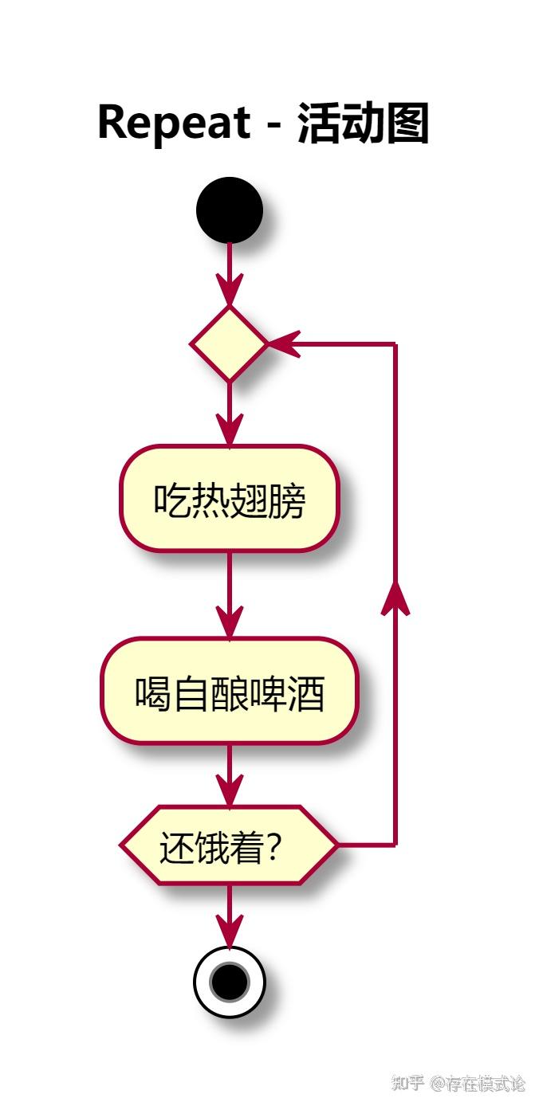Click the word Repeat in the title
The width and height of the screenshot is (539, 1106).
coord(174,124)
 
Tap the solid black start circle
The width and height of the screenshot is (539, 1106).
coord(229,210)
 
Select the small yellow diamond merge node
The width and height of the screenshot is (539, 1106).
coord(229,343)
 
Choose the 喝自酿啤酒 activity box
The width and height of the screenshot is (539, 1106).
coord(229,692)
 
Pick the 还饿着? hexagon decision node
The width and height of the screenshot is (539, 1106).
coord(229,845)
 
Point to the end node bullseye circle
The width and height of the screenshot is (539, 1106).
coord(229,982)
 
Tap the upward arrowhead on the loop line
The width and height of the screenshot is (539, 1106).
coord(395,598)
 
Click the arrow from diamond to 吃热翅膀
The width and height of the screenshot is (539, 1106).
coord(229,414)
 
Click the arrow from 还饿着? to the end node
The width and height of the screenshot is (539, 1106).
coord(229,916)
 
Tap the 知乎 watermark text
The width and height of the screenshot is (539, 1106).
coord(408,1083)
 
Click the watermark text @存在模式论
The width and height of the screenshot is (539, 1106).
coord(478,1083)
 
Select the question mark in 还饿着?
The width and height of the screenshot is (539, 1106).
coord(273,848)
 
